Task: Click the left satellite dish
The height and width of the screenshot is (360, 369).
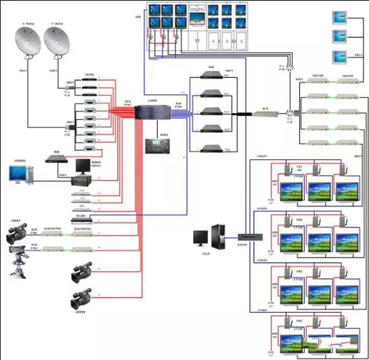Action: coord(27,42)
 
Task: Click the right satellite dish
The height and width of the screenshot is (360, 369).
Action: coord(57,42)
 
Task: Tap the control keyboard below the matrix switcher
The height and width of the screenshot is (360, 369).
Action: coord(157,146)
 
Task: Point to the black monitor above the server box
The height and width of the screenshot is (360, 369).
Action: coord(84,167)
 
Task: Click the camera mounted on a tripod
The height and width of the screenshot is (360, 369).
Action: coord(19,256)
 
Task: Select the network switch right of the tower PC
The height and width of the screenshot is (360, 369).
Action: coord(250,236)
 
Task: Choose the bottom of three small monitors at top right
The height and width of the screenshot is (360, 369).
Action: coord(339,56)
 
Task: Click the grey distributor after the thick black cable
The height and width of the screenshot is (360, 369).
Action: coord(266,114)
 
